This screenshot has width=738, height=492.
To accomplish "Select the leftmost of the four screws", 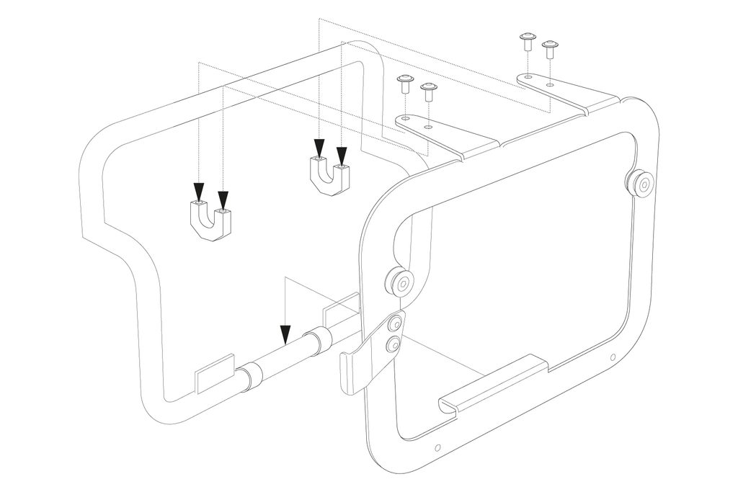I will pos(405,83).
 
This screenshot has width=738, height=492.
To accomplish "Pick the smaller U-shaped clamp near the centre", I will pos(330,175).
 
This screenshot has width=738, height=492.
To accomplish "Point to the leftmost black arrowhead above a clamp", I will pos(198,192).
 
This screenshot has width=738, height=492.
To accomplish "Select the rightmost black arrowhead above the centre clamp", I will pos(342,154).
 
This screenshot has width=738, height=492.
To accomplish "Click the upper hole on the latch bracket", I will pos(394,325).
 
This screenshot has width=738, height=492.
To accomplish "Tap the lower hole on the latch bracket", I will pos(393,346).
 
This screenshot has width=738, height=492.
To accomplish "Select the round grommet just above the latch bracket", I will pos(398,282).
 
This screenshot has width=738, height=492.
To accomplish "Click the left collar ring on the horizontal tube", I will pos(250,377).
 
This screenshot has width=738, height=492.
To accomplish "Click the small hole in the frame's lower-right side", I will pos(612,357).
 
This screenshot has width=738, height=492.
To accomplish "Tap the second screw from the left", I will pos(429,91).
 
